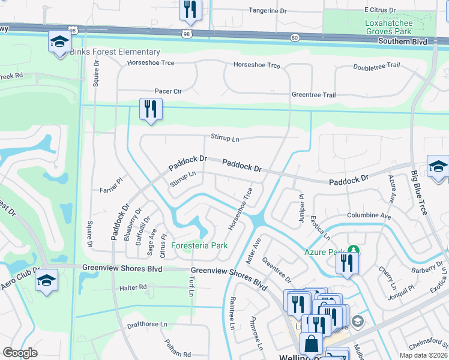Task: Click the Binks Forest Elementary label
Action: click(115, 52)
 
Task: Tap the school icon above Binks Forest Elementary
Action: click(59, 41)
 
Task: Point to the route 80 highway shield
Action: click(294, 38)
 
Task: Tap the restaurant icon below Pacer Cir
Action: click(150, 109)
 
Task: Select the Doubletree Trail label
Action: click(376, 66)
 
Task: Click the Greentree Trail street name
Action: click(313, 95)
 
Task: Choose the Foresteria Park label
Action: click(199, 245)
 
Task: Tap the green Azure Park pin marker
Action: click(354, 249)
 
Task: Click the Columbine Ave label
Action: click(369, 215)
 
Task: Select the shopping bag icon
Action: click(311, 344)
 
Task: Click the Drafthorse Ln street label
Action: click(146, 324)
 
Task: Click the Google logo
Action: click(20, 353)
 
